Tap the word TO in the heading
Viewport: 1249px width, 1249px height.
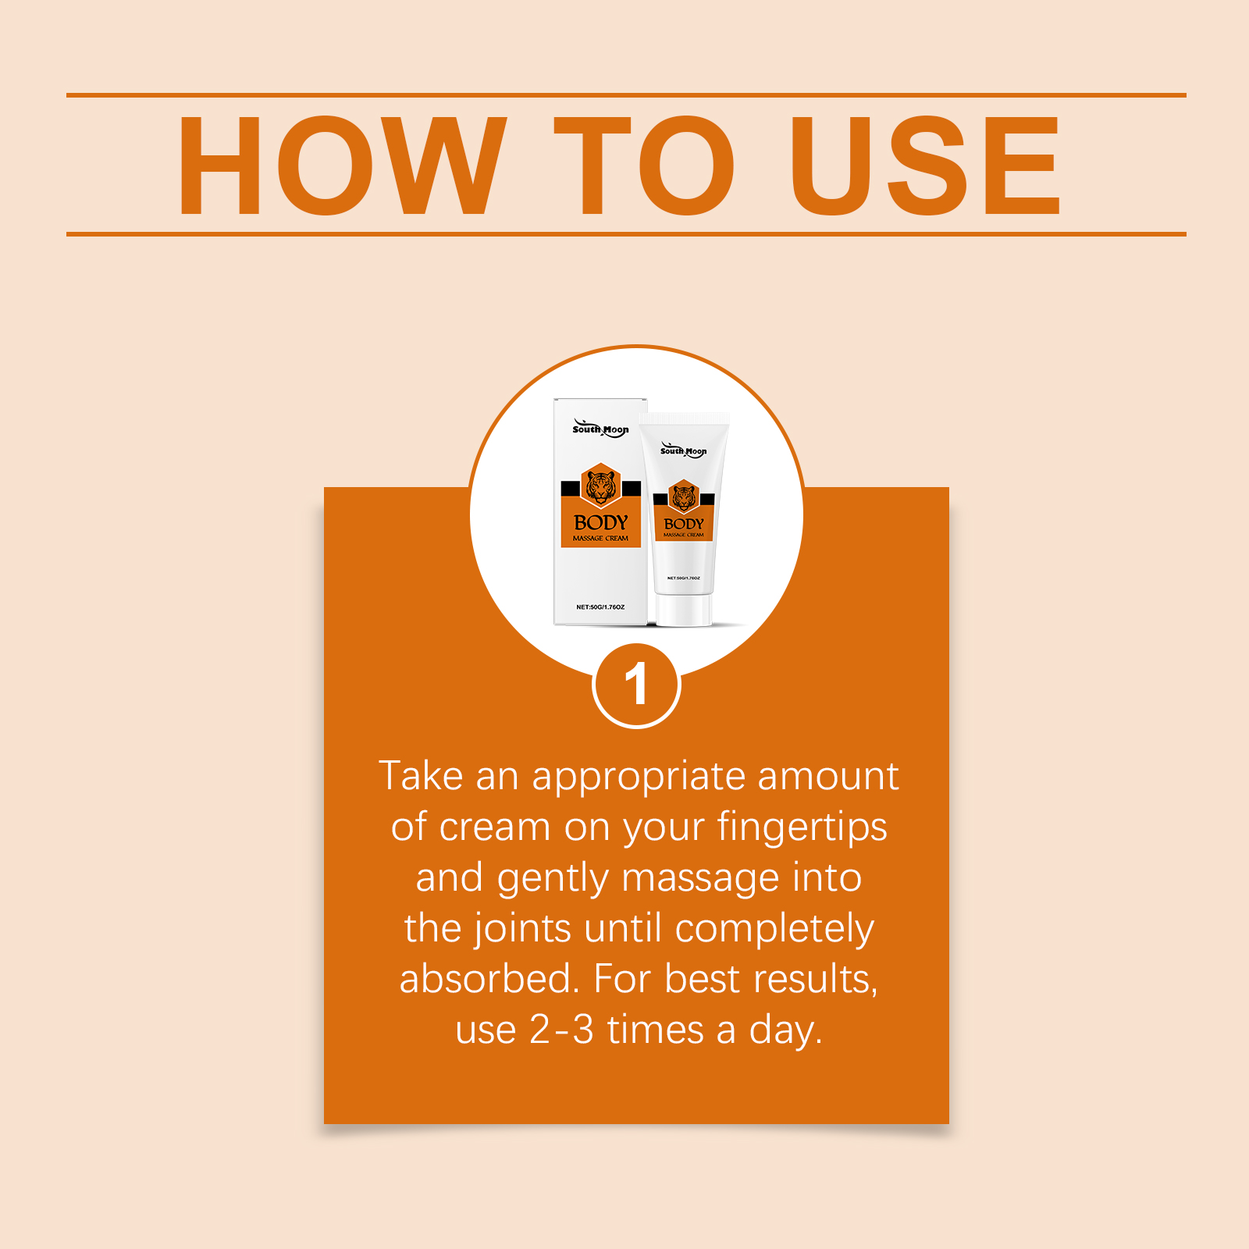[645, 165]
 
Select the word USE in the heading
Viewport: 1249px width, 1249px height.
[926, 165]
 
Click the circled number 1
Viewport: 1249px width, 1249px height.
[636, 685]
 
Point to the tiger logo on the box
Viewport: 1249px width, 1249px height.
[600, 486]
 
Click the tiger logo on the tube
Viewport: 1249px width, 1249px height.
[684, 496]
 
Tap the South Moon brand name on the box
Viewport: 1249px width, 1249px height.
[600, 429]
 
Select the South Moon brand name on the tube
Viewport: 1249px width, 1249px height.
[684, 450]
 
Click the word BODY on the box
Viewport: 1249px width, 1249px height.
[600, 522]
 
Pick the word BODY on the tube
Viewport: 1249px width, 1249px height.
[684, 524]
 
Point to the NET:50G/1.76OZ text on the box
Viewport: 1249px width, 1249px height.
[600, 607]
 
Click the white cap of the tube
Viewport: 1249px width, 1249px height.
[684, 610]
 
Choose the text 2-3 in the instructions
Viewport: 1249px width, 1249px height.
[562, 1030]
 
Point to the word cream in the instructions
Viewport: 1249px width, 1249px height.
[495, 827]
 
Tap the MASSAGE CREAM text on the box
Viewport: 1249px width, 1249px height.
[600, 538]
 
